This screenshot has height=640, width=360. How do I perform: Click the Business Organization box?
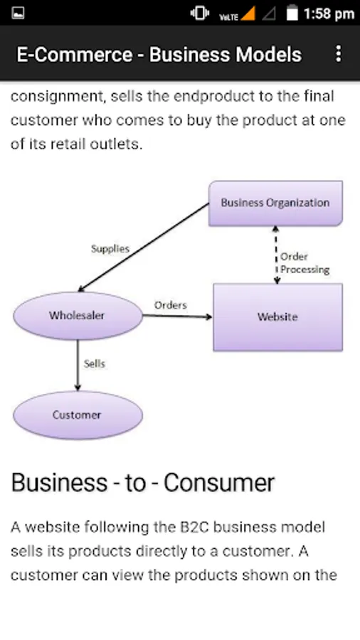tap(275, 203)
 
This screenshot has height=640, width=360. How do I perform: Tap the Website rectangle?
tap(277, 317)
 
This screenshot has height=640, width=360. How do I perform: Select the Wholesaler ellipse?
tap(78, 316)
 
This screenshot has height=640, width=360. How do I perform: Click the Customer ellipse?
tap(78, 415)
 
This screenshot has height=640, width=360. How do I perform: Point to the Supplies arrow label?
tap(110, 249)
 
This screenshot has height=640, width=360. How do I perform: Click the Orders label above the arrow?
tap(171, 305)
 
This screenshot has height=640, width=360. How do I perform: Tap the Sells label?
tap(95, 363)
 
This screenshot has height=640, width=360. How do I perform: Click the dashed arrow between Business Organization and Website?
tap(276, 255)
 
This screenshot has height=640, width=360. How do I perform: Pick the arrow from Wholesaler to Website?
tap(178, 316)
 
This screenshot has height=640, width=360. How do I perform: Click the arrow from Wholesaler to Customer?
tap(78, 366)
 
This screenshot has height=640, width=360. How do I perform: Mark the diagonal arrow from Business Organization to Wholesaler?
tap(143, 247)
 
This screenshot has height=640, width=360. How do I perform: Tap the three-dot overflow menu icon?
tap(339, 54)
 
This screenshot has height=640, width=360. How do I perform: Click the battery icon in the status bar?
tap(292, 13)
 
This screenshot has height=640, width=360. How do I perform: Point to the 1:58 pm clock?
tap(329, 14)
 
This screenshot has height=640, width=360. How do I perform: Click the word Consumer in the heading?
tap(219, 482)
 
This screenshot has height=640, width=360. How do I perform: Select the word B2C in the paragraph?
tap(194, 528)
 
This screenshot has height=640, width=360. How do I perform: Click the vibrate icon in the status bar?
tap(200, 14)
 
